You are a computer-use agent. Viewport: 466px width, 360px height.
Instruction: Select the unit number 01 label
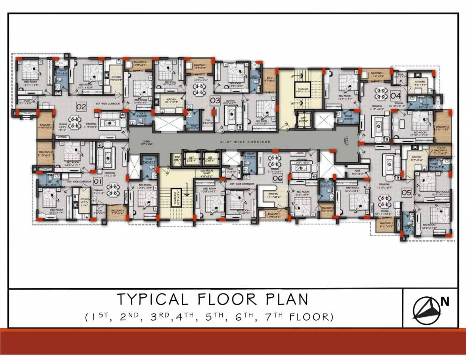click(98, 180)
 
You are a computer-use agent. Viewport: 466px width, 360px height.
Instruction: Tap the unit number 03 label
click(215, 100)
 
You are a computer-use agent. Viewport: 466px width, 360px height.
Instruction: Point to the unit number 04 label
click(395, 96)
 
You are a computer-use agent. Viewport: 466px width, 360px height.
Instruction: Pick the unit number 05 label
click(406, 192)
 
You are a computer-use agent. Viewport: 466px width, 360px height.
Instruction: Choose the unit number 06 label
click(278, 179)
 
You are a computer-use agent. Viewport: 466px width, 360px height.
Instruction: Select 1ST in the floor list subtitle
click(98, 317)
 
